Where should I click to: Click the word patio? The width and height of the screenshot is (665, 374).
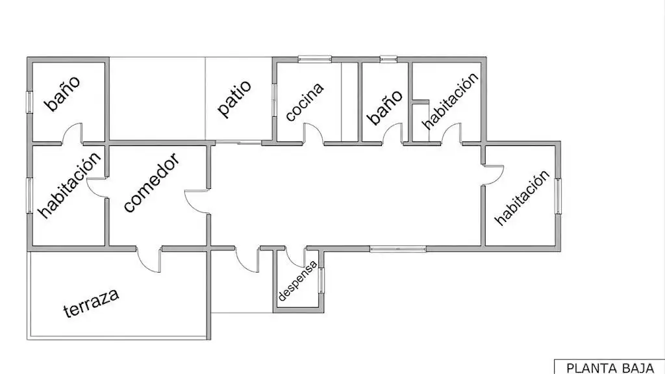[234, 99]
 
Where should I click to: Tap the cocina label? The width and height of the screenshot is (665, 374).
[305, 102]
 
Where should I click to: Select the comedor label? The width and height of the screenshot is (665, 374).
[151, 182]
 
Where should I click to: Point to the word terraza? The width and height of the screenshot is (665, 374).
[91, 303]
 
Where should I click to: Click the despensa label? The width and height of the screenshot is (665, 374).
[297, 280]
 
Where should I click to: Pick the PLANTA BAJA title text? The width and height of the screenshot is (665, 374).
[609, 368]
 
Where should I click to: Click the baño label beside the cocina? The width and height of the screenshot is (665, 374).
[384, 107]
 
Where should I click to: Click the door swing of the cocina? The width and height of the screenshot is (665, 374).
[314, 133]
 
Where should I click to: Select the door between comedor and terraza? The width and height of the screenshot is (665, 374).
[149, 260]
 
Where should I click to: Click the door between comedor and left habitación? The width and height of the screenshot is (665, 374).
[97, 187]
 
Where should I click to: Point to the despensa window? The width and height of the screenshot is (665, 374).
[321, 280]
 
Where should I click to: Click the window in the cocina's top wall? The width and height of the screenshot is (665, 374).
[315, 59]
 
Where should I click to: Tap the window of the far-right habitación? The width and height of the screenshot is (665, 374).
[558, 196]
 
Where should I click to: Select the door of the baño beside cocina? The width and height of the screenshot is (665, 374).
[392, 134]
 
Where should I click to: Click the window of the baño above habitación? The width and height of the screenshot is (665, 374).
[30, 102]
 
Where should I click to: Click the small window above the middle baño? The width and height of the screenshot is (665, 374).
[388, 59]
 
